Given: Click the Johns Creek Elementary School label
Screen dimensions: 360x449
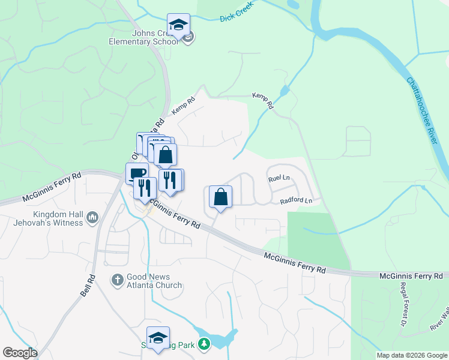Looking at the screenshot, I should (x=143, y=38).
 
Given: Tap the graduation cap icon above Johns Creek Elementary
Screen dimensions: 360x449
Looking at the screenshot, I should (x=178, y=25).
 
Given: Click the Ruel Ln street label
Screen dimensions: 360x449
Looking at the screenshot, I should (x=279, y=178).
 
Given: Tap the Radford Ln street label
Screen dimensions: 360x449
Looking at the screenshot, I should (x=297, y=201).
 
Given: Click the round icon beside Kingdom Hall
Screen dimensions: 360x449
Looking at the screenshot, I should (x=92, y=217).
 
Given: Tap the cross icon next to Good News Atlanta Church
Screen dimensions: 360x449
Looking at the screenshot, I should (x=118, y=279).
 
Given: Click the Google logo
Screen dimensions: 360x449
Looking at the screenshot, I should (x=20, y=353).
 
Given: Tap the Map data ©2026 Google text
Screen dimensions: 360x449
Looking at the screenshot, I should (x=411, y=355).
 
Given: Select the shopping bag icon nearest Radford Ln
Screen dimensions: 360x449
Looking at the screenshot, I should (x=220, y=196).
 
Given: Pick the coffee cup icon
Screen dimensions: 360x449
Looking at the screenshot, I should (x=136, y=173).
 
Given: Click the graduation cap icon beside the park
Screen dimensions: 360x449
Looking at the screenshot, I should (x=158, y=337).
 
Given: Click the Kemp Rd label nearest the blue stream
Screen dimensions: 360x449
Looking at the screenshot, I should (x=262, y=100).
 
